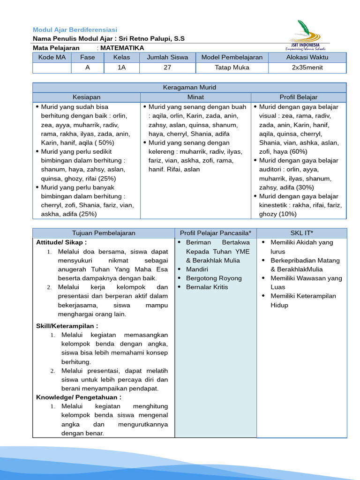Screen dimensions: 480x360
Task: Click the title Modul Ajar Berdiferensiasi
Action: [x=75, y=30]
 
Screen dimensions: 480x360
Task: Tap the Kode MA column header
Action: [x=52, y=57]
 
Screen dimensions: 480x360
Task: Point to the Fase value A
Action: [x=87, y=67]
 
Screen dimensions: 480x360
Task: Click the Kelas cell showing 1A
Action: [x=122, y=67]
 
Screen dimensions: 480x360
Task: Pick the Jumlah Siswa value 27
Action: [x=167, y=67]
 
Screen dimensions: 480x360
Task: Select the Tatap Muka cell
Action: [x=232, y=67]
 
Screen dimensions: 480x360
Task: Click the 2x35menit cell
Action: [x=307, y=67]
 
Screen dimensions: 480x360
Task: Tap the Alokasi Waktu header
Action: [x=307, y=57]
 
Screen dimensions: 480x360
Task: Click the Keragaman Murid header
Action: [x=189, y=88]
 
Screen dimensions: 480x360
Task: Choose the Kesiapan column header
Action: [x=86, y=97]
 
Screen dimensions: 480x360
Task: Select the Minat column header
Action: [x=195, y=97]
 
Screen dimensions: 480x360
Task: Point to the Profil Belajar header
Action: [x=299, y=97]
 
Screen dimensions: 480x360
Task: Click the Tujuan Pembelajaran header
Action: [x=104, y=233]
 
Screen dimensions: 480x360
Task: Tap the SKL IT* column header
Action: [x=302, y=233]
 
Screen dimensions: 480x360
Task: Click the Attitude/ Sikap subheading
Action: [x=61, y=242]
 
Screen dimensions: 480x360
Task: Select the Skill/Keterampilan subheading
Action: [x=67, y=326]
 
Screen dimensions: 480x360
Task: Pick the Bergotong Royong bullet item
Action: [x=214, y=278]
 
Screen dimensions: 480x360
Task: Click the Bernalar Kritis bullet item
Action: [x=207, y=287]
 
